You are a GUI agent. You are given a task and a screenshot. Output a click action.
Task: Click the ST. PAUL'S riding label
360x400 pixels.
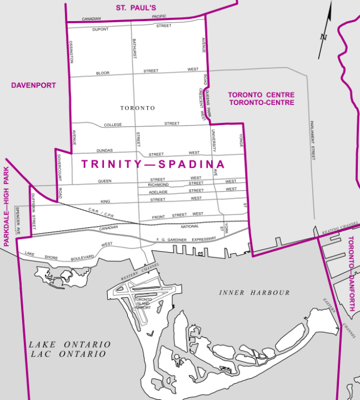pyautogui.click(x=136, y=8)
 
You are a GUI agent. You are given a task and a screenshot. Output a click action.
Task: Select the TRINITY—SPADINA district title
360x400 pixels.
pyautogui.click(x=153, y=164)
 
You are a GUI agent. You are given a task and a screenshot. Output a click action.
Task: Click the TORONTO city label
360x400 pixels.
pyautogui.click(x=137, y=108)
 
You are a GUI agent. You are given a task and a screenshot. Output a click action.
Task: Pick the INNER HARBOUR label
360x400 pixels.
pyautogui.click(x=254, y=293)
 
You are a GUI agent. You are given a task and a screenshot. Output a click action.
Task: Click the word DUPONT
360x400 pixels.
pyautogui.click(x=101, y=28)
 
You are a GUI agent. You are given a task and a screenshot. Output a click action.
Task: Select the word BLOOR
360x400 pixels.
pyautogui.click(x=103, y=73)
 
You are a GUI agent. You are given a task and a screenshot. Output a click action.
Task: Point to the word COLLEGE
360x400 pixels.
pyautogui.click(x=113, y=125)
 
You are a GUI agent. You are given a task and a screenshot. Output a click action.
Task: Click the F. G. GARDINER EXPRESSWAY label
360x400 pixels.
pyautogui.click(x=187, y=239)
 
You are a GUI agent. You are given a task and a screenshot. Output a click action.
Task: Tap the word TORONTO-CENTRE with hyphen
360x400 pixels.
pyautogui.click(x=261, y=103)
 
